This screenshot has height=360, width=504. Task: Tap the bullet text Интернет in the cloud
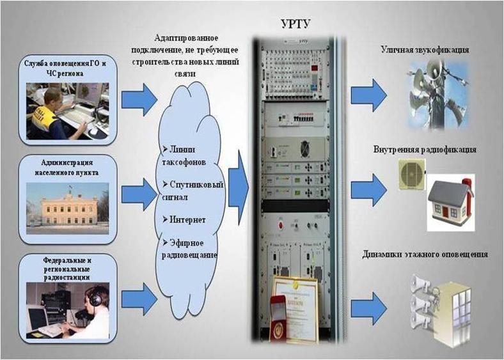click(x=187, y=219)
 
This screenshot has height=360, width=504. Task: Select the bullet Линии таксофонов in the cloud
click(x=186, y=154)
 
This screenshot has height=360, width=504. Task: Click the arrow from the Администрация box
click(x=139, y=192)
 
